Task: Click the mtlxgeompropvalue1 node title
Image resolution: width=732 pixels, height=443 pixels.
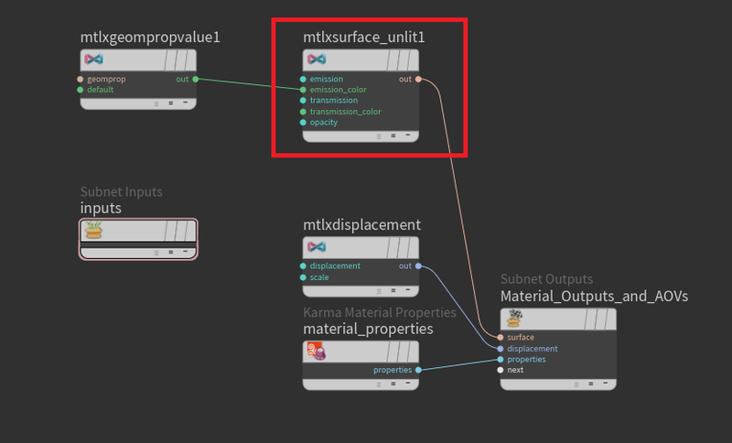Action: point(150,38)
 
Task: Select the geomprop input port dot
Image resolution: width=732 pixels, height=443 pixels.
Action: point(81,80)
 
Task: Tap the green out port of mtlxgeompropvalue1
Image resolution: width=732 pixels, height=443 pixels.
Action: point(195,80)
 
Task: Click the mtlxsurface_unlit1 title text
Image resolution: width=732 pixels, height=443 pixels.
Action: point(363,38)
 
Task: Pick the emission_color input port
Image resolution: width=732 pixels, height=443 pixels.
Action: point(303,90)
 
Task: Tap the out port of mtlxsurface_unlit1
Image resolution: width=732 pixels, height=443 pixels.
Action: point(417,80)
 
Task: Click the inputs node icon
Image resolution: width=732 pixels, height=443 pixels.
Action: point(93,231)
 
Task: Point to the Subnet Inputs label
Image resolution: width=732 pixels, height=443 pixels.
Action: point(121,192)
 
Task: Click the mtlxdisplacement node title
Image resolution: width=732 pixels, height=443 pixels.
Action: point(361,225)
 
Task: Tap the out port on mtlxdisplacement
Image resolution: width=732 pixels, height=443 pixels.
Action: point(417,266)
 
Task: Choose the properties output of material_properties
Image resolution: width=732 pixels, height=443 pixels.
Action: point(417,370)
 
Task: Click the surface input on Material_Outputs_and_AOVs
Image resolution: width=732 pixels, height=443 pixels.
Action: point(501,338)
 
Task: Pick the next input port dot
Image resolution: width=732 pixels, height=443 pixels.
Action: point(501,370)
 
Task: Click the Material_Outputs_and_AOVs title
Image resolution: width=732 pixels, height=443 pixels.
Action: point(594,297)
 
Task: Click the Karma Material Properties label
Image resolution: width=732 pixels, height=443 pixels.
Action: point(379,313)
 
